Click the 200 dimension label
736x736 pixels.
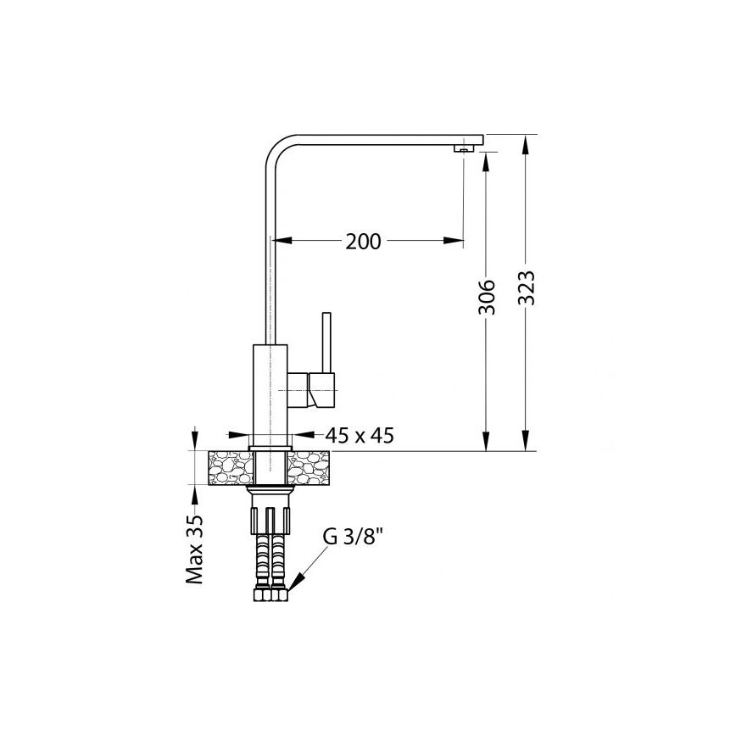[x=363, y=242]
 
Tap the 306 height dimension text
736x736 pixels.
[x=487, y=298]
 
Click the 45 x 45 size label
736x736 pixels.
[x=360, y=436]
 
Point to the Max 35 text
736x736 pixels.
[x=196, y=550]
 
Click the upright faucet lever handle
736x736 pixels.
[x=325, y=343]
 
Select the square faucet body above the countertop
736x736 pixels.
[x=271, y=391]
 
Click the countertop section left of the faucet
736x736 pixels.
[x=229, y=467]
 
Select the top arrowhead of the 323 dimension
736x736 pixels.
[x=527, y=144]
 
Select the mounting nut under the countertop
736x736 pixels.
[x=272, y=495]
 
